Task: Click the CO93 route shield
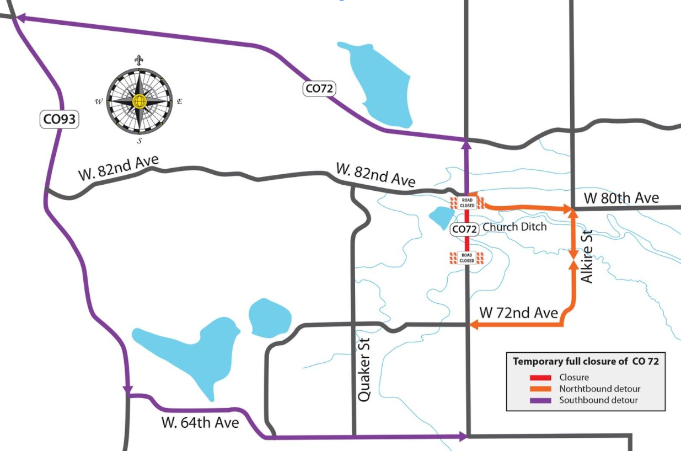tap(60, 120)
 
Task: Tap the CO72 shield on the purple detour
tap(320, 88)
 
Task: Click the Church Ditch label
tap(514, 227)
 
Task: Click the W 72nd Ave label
tap(519, 313)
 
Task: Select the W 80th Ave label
tap(621, 198)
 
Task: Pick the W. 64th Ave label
tap(200, 423)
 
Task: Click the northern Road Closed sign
tap(467, 203)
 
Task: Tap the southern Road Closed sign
tap(466, 257)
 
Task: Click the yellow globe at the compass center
tap(139, 101)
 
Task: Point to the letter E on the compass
tap(179, 101)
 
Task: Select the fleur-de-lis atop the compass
tap(138, 60)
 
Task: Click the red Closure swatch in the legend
tap(540, 378)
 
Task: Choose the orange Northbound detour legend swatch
tap(540, 389)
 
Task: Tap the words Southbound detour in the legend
tap(598, 400)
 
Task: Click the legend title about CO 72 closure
tap(586, 362)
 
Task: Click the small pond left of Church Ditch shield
tap(441, 217)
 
